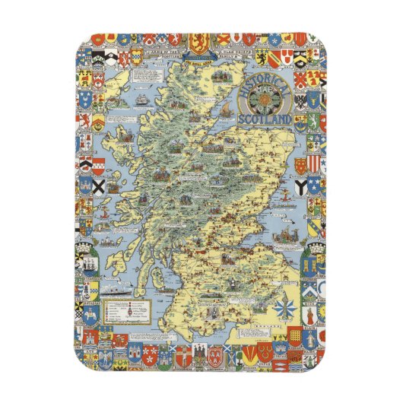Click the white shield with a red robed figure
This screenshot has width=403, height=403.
point(312,313)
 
